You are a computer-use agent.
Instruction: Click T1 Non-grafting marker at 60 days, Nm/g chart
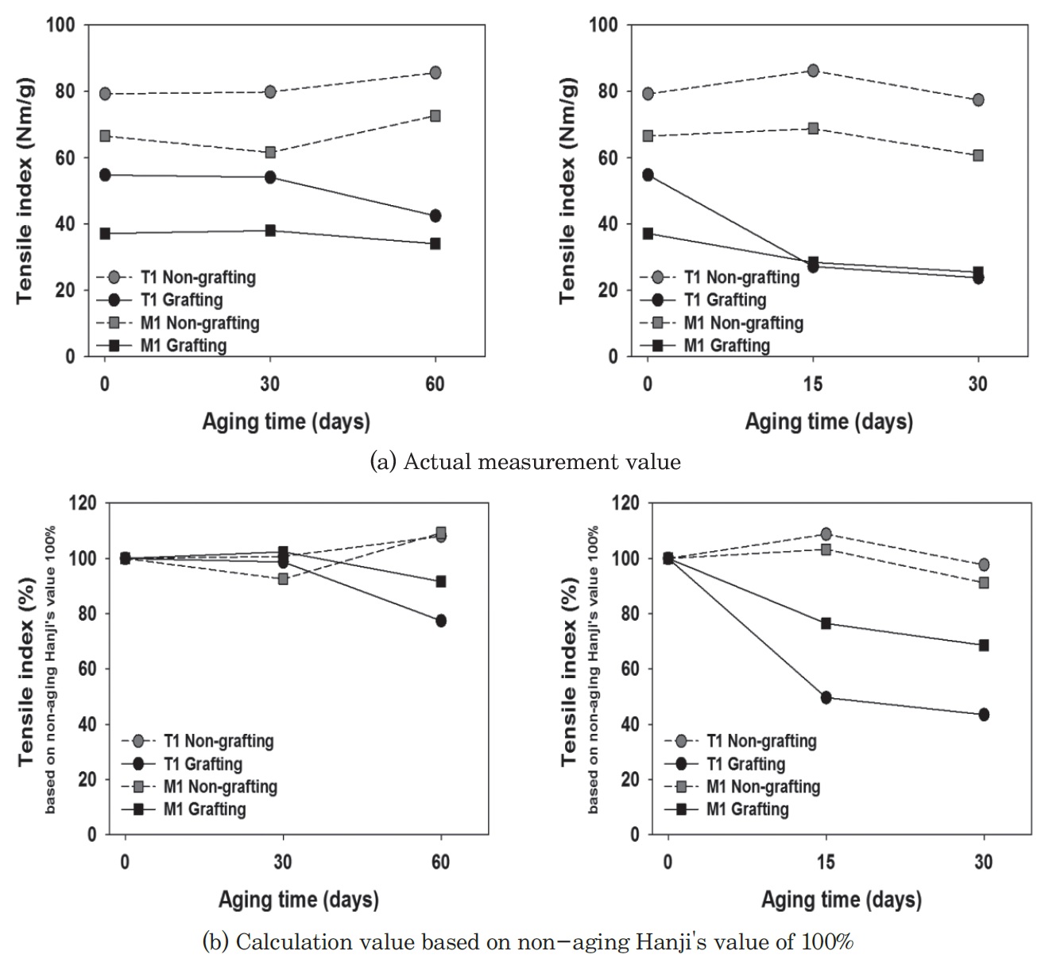pyautogui.click(x=435, y=72)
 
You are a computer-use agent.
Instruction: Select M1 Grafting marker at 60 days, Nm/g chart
pyautogui.click(x=435, y=243)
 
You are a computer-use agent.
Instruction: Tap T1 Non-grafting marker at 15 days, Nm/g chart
pyautogui.click(x=813, y=70)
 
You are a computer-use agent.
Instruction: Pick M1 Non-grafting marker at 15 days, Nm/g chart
pyautogui.click(x=813, y=128)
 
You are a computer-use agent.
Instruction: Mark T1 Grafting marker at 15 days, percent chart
pyautogui.click(x=826, y=697)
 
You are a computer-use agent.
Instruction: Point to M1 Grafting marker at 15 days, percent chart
pyautogui.click(x=826, y=623)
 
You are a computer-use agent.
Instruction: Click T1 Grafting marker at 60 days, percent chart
pyautogui.click(x=441, y=620)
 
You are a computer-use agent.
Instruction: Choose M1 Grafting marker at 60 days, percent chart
pyautogui.click(x=441, y=581)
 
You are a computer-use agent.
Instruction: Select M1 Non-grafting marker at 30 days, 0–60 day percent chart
pyautogui.click(x=283, y=579)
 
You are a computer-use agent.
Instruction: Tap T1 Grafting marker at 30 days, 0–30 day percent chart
pyautogui.click(x=984, y=714)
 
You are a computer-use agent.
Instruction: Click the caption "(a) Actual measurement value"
pyautogui.click(x=525, y=462)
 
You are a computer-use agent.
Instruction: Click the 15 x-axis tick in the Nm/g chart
pyautogui.click(x=813, y=384)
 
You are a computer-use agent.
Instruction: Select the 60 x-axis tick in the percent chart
pyautogui.click(x=441, y=863)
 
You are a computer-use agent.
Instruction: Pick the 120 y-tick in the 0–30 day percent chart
pyautogui.click(x=629, y=503)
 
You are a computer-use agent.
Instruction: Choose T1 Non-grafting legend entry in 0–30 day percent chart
pyautogui.click(x=761, y=741)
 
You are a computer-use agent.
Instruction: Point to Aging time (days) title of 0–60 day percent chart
pyautogui.click(x=299, y=900)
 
